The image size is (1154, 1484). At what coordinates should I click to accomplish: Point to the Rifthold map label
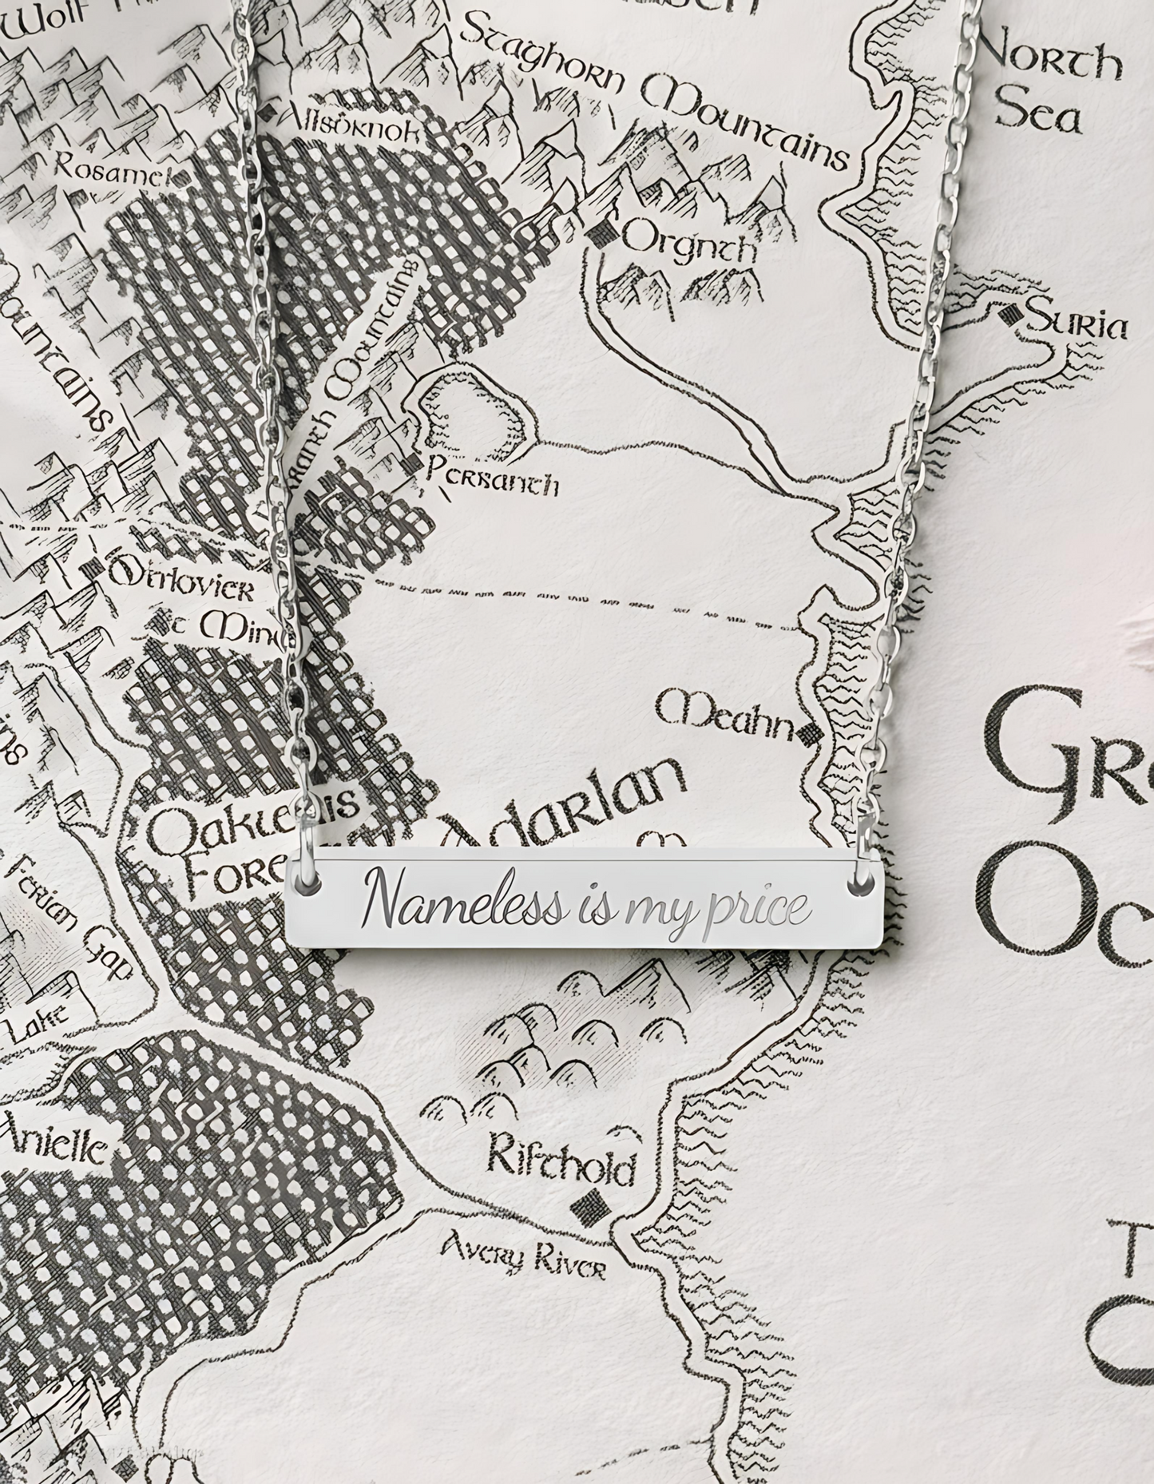click(562, 1166)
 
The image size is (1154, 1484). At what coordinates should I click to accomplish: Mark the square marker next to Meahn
click(810, 731)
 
